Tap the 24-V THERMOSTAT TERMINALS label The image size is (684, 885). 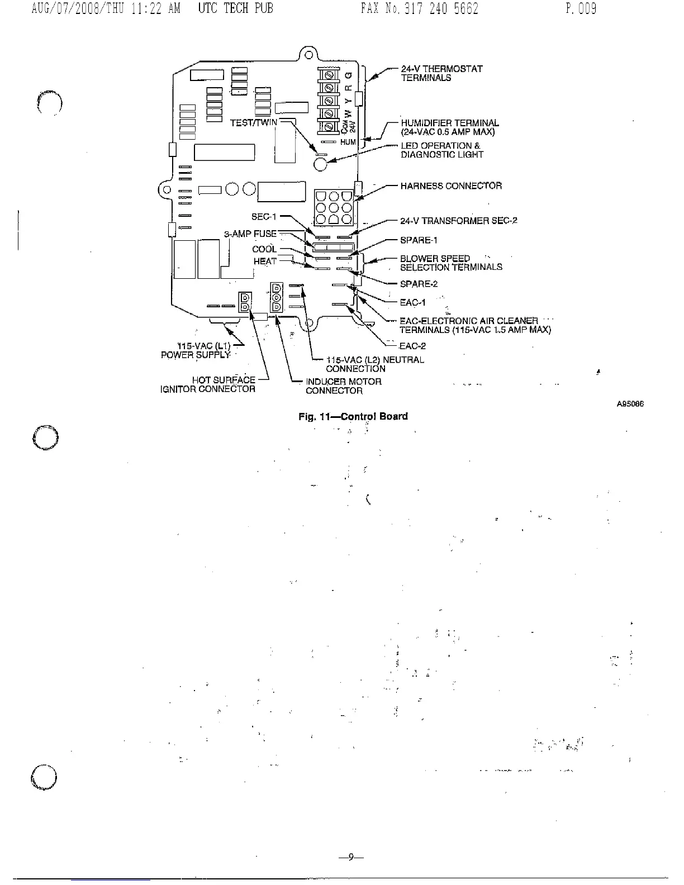441,73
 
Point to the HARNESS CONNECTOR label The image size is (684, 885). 451,186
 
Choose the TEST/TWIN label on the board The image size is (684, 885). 253,123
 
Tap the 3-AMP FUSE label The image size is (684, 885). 250,234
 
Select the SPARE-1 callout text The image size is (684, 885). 419,240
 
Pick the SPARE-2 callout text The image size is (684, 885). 419,284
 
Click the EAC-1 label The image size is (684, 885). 412,303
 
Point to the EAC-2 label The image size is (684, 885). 412,346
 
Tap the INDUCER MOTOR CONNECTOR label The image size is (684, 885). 343,386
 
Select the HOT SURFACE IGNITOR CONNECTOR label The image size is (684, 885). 208,384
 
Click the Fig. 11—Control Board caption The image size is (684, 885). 353,416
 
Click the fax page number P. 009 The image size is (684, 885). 581,9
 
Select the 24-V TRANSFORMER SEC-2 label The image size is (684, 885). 458,221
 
